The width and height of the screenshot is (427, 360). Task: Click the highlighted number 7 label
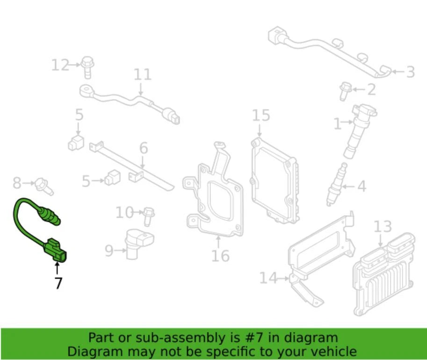point(58,283)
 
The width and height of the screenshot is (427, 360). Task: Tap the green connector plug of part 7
point(55,250)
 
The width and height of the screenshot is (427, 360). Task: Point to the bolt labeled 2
point(345,90)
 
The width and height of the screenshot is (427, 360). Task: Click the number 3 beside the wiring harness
point(410,72)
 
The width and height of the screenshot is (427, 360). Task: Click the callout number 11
point(143,74)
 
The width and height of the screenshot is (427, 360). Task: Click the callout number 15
point(261,115)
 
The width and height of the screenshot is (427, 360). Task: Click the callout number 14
point(268,279)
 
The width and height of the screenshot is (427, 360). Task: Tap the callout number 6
point(143,148)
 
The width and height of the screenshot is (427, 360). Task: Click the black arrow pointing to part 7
point(57,267)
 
